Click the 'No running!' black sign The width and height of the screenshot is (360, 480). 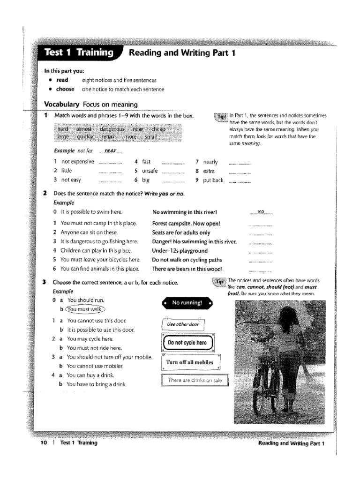point(187,303)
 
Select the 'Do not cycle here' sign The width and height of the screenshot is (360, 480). point(187,343)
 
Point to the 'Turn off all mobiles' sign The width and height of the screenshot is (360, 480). point(189,362)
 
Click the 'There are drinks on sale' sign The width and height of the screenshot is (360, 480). point(195,381)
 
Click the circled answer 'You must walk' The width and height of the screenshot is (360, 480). point(86,309)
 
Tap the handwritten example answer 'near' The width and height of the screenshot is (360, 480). point(110,150)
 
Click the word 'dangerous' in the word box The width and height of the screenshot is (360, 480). point(112,129)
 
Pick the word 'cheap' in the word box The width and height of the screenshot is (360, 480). point(158,129)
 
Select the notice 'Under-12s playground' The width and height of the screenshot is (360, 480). point(180,251)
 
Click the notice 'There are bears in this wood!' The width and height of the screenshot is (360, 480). point(187,269)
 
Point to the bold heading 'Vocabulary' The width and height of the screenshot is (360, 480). point(62,104)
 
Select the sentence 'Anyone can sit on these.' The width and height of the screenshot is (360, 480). point(89,232)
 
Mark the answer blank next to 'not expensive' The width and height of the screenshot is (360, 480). point(110,163)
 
